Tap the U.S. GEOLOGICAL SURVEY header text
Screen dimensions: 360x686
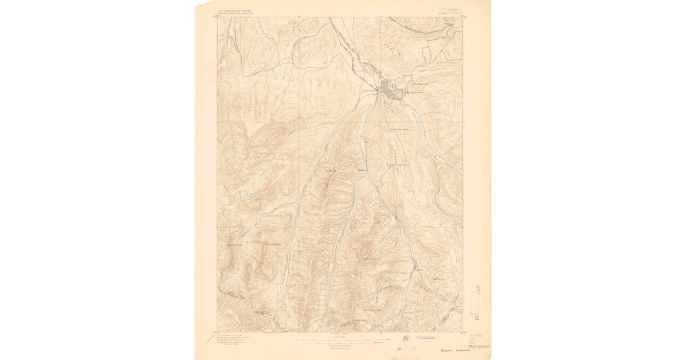click(232, 10)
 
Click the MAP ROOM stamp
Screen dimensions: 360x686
click(478, 346)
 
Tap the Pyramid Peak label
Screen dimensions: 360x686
click(274, 245)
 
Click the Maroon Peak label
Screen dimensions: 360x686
click(236, 245)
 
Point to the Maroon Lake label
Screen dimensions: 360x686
click(276, 216)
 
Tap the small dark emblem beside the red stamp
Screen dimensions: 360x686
click(406, 338)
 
